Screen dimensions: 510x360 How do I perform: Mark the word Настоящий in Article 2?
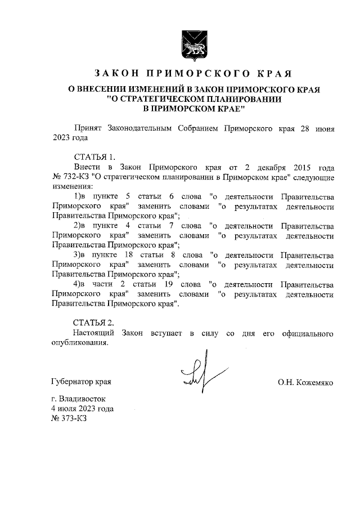pyautogui.click(x=93, y=333)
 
